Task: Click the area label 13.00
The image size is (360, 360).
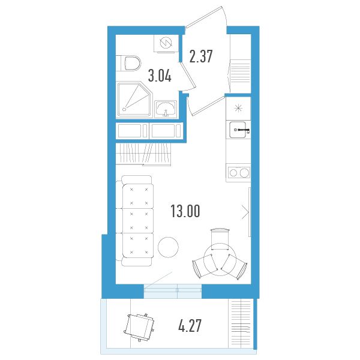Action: pos(185,211)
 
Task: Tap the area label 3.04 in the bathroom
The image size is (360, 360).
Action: pos(160,76)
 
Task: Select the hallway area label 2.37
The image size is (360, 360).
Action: pos(201,56)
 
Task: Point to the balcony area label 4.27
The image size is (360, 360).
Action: pos(190,326)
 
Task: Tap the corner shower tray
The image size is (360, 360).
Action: pos(134,100)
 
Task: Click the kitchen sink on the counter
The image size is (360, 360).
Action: pos(238,130)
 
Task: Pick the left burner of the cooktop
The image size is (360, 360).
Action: pos(233,173)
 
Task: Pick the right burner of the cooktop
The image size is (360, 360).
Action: pos(244,173)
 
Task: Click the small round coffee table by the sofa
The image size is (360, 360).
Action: pos(168,247)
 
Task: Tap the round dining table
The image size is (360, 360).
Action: pos(220,259)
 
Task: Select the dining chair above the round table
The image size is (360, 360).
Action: pos(220,239)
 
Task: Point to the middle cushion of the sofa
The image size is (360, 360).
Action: pos(138,221)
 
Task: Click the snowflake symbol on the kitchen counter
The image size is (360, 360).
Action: pos(238,108)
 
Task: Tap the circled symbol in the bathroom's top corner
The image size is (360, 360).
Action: pos(166,43)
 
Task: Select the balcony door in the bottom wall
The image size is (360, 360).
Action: pos(173,291)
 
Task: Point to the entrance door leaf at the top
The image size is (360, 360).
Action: pos(203,17)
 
